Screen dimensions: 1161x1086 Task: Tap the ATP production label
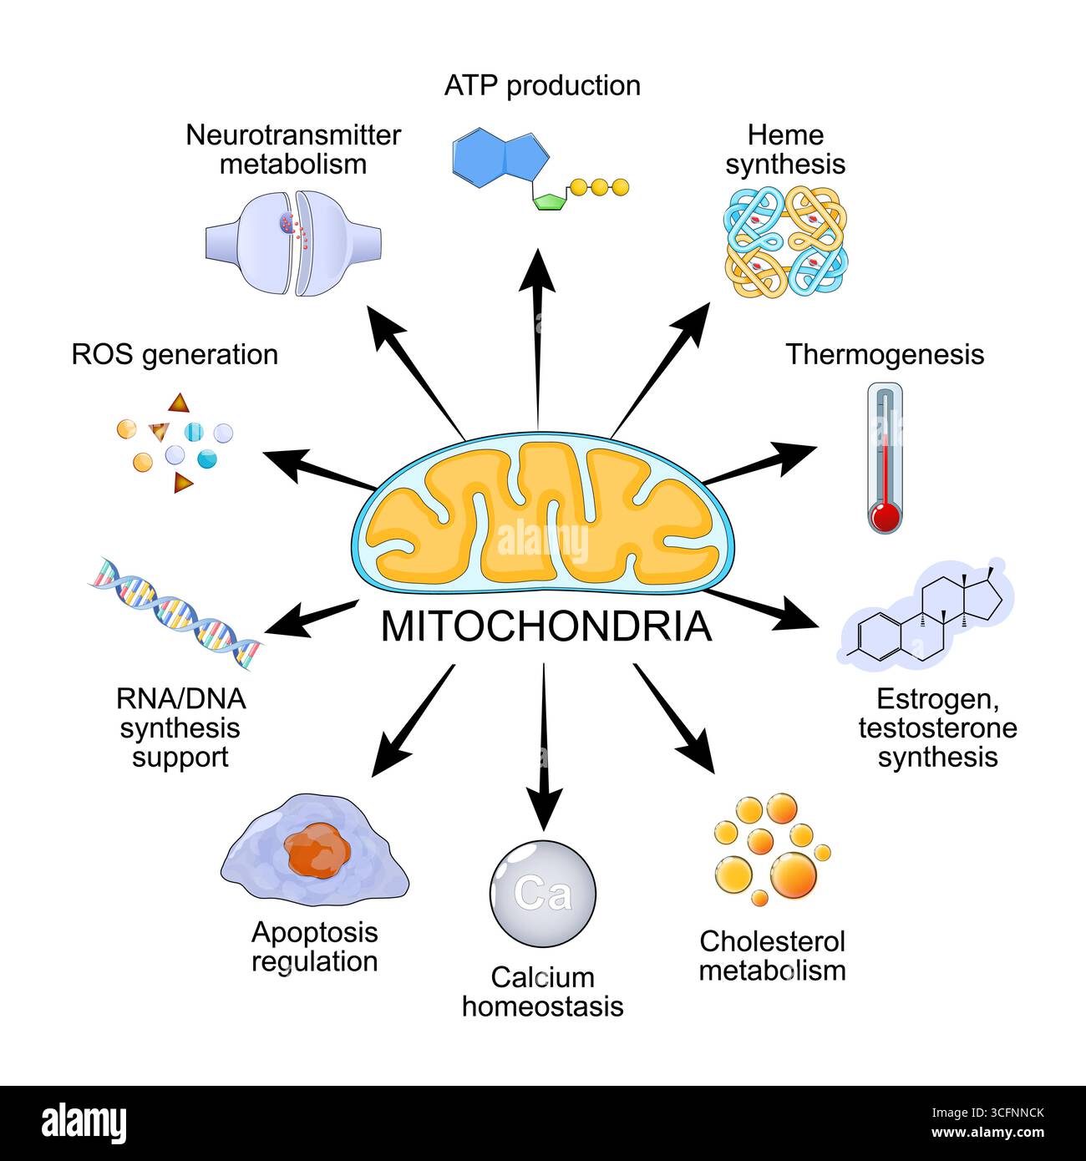pos(542,85)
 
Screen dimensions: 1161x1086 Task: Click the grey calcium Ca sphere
pos(542,893)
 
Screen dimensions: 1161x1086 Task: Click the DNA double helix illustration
pos(176,613)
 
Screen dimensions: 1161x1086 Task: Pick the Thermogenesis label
pos(884,354)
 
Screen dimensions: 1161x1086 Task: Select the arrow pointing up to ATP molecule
pos(537,334)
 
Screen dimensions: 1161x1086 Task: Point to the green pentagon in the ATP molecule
pos(551,201)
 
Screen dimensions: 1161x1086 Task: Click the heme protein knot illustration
pos(784,242)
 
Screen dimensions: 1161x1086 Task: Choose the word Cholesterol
pos(772,941)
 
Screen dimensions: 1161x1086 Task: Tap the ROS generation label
pos(175,354)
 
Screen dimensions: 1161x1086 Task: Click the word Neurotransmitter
pos(293,135)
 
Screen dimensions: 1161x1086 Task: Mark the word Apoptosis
pos(314,932)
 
